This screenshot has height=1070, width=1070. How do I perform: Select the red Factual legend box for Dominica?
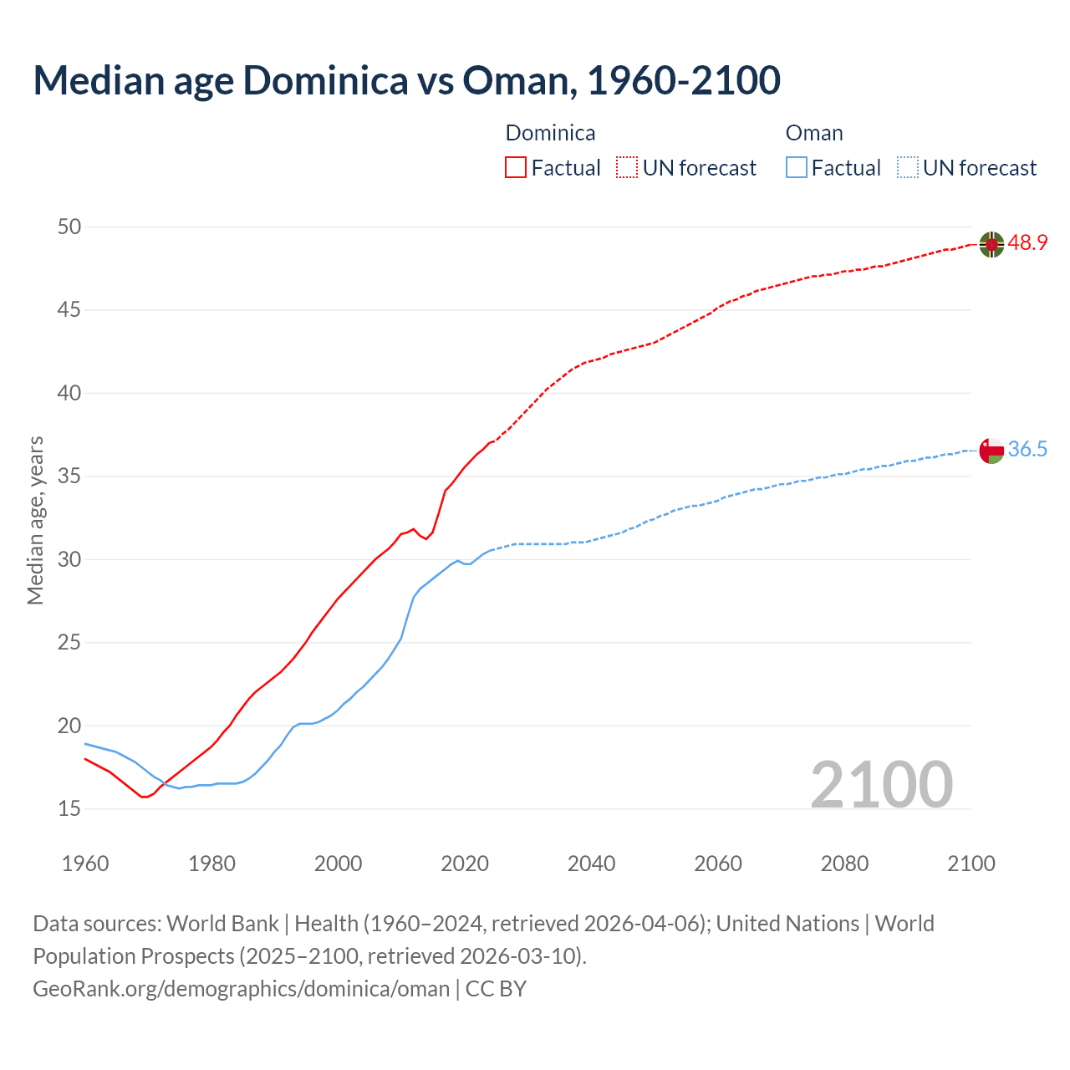[516, 168]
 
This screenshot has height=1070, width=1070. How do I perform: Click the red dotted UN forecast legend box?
[627, 168]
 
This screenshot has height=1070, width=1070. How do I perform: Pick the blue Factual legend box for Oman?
[797, 168]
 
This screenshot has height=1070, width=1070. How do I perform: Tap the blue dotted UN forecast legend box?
[907, 168]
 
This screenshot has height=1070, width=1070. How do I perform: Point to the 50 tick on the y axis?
[70, 227]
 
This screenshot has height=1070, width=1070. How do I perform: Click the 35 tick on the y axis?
[70, 476]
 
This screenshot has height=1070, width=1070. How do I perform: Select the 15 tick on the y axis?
[70, 808]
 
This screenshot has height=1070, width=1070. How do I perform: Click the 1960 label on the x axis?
[85, 864]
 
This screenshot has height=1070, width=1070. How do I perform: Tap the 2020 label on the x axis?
[465, 864]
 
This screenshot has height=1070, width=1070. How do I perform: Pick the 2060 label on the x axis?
[718, 864]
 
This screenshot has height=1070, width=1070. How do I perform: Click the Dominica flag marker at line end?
[991, 244]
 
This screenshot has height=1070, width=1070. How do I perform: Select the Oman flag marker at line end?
[991, 451]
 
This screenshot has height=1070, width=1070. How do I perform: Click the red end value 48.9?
[1027, 243]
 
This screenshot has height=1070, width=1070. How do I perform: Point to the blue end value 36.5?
[1027, 450]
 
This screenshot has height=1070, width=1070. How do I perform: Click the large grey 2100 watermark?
[881, 784]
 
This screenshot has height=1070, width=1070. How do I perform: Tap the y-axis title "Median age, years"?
[35, 520]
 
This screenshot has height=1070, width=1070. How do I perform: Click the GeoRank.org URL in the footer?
[241, 989]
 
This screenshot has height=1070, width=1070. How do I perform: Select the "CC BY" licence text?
[496, 989]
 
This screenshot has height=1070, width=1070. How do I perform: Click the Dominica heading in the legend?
[550, 133]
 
